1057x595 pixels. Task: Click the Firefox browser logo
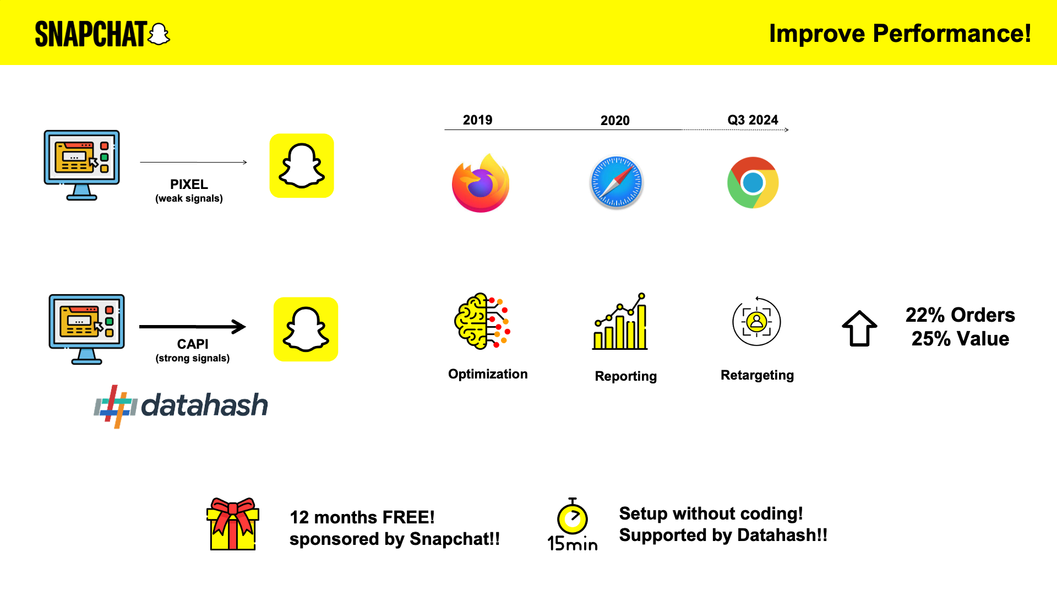(x=481, y=183)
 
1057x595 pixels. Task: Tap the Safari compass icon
(x=617, y=182)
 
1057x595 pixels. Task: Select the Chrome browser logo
(x=753, y=182)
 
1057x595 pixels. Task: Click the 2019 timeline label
(x=477, y=120)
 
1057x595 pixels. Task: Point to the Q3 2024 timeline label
(x=753, y=120)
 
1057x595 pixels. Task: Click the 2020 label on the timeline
(x=615, y=121)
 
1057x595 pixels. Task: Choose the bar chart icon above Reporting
(x=620, y=321)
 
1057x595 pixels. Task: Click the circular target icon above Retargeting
(x=756, y=321)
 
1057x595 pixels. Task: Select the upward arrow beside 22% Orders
(x=859, y=328)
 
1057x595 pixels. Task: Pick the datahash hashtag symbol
(x=116, y=407)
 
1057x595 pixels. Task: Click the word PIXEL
(x=189, y=185)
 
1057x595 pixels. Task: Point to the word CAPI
(x=193, y=344)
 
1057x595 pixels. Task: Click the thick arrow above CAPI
(x=193, y=327)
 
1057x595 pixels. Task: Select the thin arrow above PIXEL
(x=194, y=162)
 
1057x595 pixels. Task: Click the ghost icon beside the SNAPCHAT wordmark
(x=159, y=34)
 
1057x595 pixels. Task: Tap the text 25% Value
(x=960, y=339)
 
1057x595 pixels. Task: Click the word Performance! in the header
(x=952, y=34)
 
